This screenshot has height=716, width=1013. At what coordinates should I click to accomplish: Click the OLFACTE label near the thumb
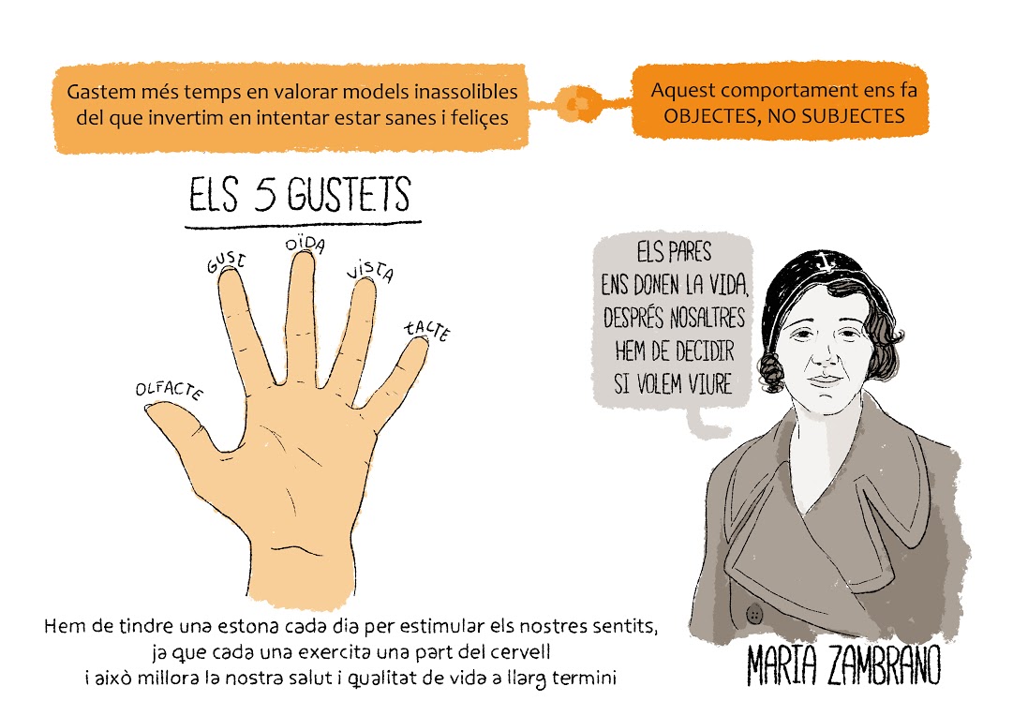point(170,390)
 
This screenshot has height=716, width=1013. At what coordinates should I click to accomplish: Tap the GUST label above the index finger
point(226,261)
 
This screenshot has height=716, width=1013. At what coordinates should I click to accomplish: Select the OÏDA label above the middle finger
point(305,245)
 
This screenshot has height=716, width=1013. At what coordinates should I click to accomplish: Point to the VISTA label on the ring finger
point(370,271)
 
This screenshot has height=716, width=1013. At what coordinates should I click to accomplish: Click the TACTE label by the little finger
point(427,330)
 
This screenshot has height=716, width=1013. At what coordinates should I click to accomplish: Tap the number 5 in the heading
point(265,194)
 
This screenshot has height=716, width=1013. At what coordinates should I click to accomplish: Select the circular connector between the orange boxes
point(579,103)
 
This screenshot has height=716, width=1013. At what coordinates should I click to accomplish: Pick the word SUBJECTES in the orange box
point(854,116)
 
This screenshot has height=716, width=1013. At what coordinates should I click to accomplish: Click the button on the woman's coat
point(754,613)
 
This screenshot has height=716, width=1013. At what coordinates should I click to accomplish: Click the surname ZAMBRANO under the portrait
point(884,664)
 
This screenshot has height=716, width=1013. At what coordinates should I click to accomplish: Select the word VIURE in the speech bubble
point(709,384)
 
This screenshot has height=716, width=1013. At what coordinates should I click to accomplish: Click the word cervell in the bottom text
point(520,652)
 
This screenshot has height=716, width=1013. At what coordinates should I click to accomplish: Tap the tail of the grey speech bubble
point(706,425)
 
